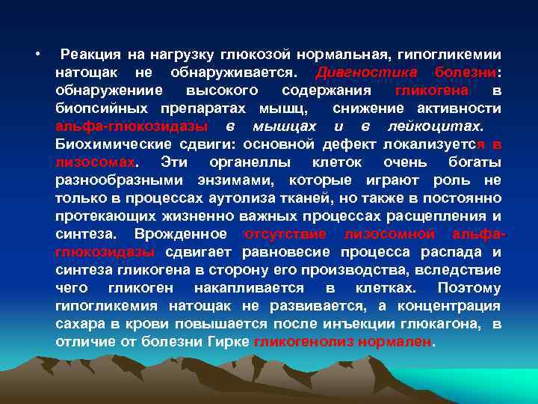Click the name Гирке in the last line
click(x=229, y=342)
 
